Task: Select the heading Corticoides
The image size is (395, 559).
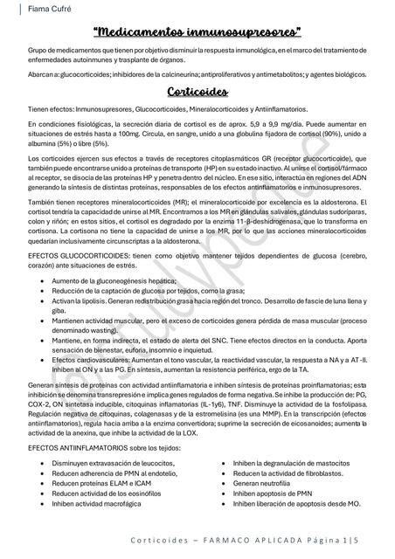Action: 197,93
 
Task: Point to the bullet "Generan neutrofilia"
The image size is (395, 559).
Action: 267,482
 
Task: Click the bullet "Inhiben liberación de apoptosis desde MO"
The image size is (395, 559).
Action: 297,503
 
